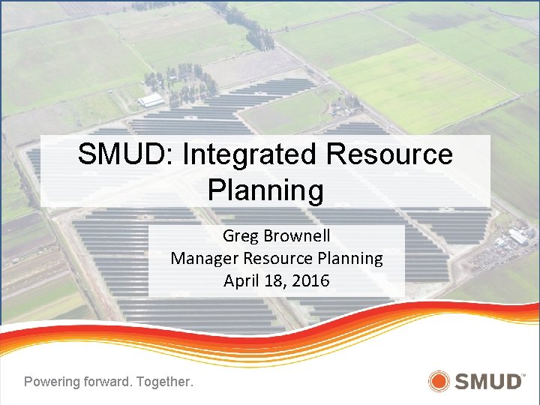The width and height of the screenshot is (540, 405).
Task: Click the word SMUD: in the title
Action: point(126,154)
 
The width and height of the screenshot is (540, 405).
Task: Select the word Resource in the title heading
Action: point(390,154)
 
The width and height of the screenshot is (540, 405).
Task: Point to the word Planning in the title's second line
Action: point(265,190)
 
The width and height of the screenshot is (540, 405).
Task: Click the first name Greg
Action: point(240,236)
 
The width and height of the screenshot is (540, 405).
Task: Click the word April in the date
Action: point(241,281)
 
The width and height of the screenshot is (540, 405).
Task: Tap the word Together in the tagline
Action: point(163,382)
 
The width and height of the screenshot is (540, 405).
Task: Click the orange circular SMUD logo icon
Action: point(439,381)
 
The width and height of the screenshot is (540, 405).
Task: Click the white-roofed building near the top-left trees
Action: point(151,100)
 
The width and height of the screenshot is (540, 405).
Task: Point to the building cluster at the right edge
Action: point(517,238)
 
